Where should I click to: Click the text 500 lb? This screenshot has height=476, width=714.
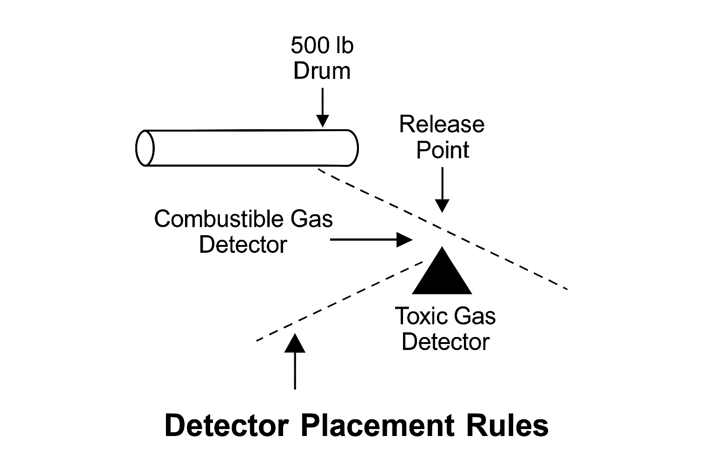322,46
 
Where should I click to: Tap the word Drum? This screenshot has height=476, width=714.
322,71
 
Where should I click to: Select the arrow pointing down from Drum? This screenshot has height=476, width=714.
322,107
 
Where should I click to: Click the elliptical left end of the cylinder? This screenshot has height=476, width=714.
145,148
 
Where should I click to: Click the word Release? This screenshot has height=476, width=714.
442,125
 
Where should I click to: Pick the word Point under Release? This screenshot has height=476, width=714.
443,150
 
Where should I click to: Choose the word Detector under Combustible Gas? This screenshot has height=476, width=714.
243,245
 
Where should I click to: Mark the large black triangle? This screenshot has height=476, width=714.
442,274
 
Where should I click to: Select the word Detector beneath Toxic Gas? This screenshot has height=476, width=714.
445,342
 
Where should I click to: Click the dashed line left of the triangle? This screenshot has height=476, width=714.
339,301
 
